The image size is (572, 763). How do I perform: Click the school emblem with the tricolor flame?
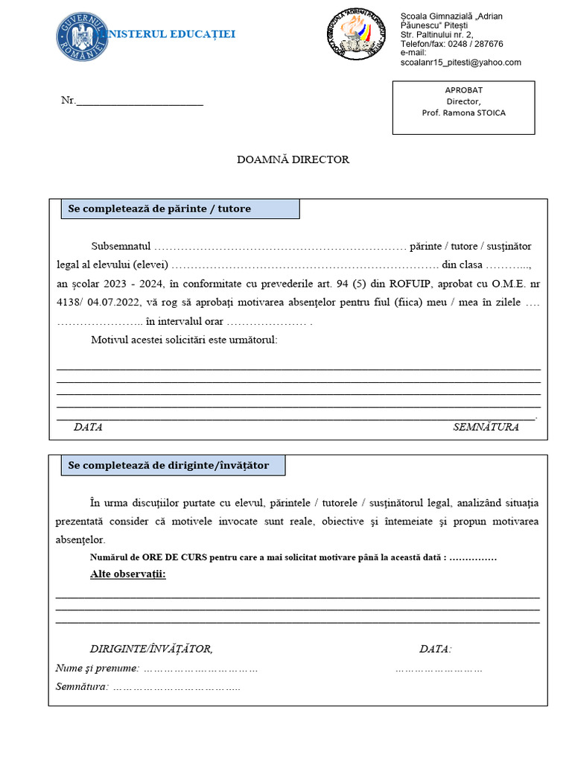(357, 34)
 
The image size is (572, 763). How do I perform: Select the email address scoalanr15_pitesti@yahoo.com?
(461, 63)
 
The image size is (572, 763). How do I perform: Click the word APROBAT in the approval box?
(463, 90)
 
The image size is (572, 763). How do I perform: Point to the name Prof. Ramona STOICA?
(463, 113)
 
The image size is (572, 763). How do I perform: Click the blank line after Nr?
(139, 101)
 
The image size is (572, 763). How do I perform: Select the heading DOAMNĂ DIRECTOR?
(293, 159)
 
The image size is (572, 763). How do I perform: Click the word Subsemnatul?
(121, 246)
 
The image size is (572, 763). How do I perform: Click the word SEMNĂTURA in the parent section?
(486, 428)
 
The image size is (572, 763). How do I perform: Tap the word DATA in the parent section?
(88, 428)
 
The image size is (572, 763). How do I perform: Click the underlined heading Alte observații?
(128, 574)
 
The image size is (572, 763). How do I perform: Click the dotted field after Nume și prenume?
(200, 668)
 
